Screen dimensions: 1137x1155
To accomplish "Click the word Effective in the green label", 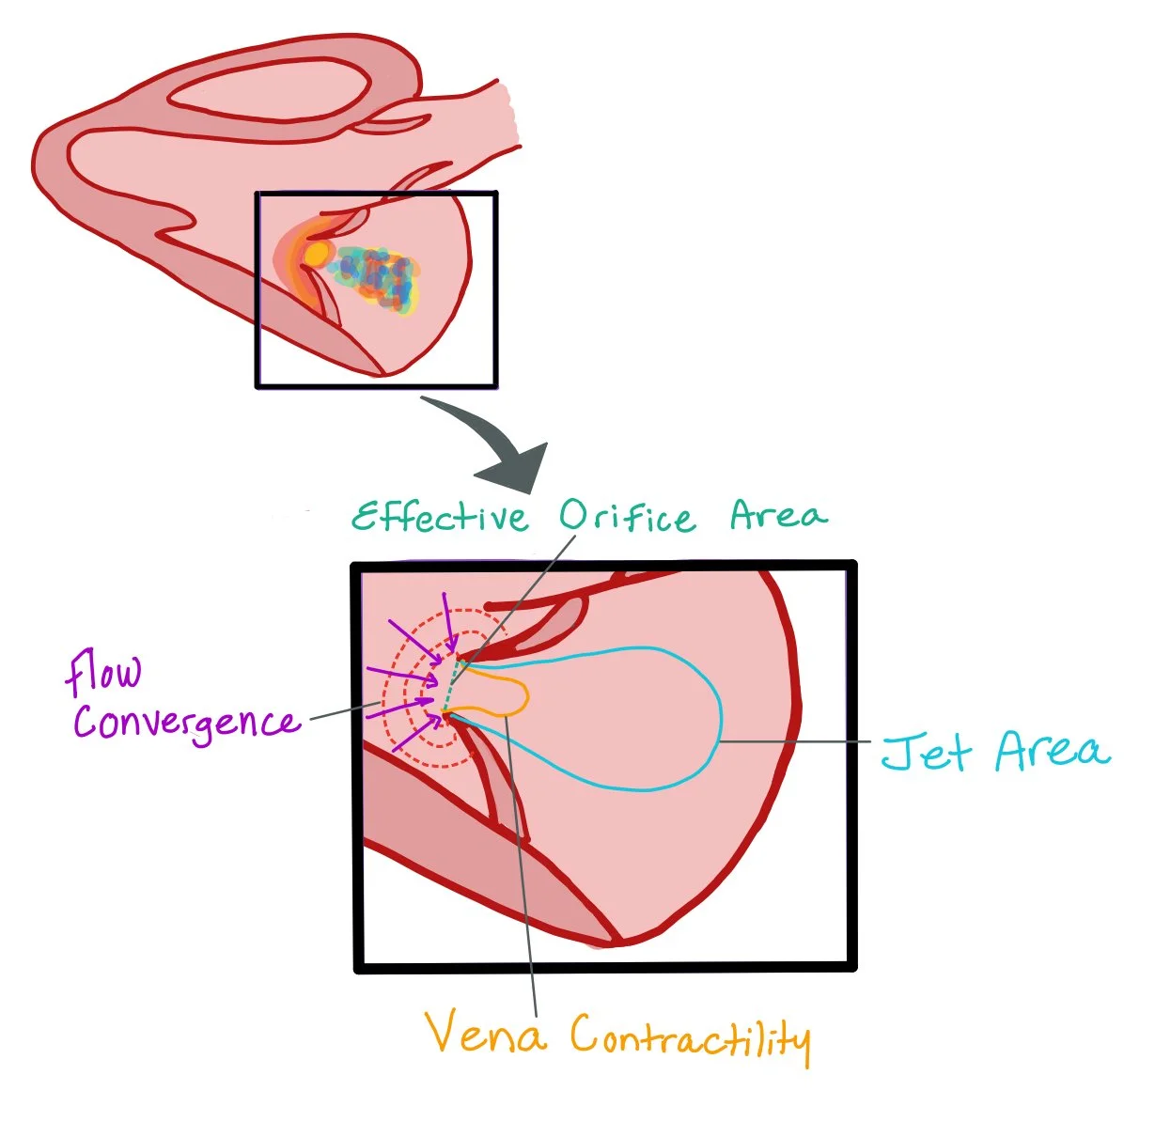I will point(440,517).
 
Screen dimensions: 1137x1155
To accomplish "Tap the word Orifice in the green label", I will point(628,517).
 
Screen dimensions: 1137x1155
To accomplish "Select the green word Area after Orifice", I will point(779,515).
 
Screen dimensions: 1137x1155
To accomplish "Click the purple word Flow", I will point(103,673).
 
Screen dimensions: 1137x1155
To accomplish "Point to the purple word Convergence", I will point(186,724).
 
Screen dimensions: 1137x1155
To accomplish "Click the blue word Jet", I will point(926,753).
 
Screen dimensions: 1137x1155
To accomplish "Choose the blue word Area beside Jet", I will point(1052,751).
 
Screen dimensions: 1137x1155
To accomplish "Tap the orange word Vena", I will point(485,1033).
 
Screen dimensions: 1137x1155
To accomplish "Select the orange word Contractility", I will point(690,1037).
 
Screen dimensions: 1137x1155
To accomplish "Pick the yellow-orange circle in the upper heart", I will point(317,255).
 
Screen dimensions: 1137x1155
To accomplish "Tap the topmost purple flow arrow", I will point(449,621).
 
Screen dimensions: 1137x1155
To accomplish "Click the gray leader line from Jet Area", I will point(799,741).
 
